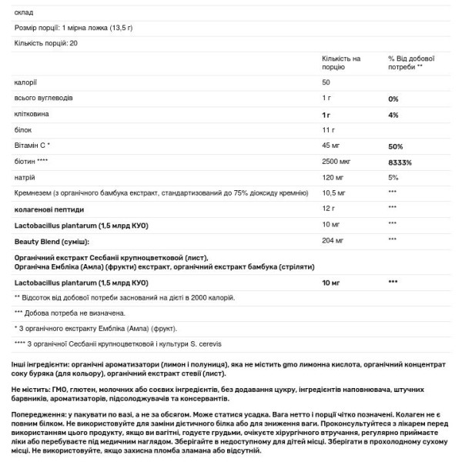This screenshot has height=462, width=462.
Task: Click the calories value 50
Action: coord(326,82)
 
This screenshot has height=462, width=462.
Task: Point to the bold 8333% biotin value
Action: coord(400,162)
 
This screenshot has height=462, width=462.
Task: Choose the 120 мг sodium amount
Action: coord(333,177)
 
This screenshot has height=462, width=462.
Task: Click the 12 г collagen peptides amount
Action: coord(327,208)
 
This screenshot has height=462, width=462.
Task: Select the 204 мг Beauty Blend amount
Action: coord(333,241)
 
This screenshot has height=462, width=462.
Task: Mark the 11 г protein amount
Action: coord(327,129)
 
